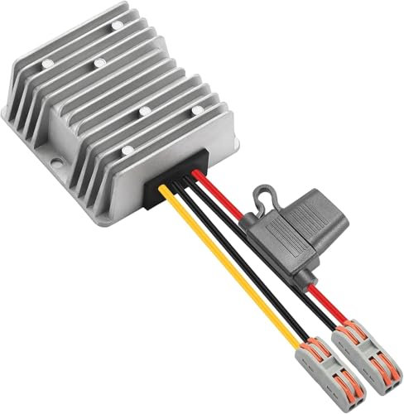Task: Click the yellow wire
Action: [x=240, y=273]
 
